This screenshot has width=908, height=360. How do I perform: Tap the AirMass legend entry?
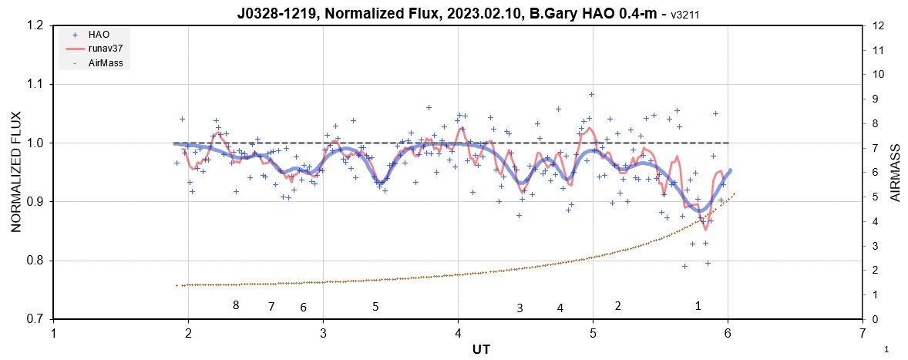(103, 62)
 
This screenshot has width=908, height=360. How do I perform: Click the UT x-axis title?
(480, 349)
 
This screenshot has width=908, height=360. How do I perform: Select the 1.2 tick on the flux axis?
(35, 25)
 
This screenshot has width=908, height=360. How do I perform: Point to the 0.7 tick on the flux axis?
(35, 319)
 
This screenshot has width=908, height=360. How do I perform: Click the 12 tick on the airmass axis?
(876, 25)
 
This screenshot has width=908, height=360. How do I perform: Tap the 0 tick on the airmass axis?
(873, 319)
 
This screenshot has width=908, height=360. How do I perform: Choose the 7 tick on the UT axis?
(863, 333)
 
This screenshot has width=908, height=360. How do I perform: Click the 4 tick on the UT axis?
(458, 333)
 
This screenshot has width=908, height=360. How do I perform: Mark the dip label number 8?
(236, 305)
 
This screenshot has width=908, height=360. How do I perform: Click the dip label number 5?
(375, 307)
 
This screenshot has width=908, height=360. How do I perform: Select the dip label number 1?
(698, 305)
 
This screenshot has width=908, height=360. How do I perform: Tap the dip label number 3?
(520, 308)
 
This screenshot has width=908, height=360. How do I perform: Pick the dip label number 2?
(618, 305)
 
